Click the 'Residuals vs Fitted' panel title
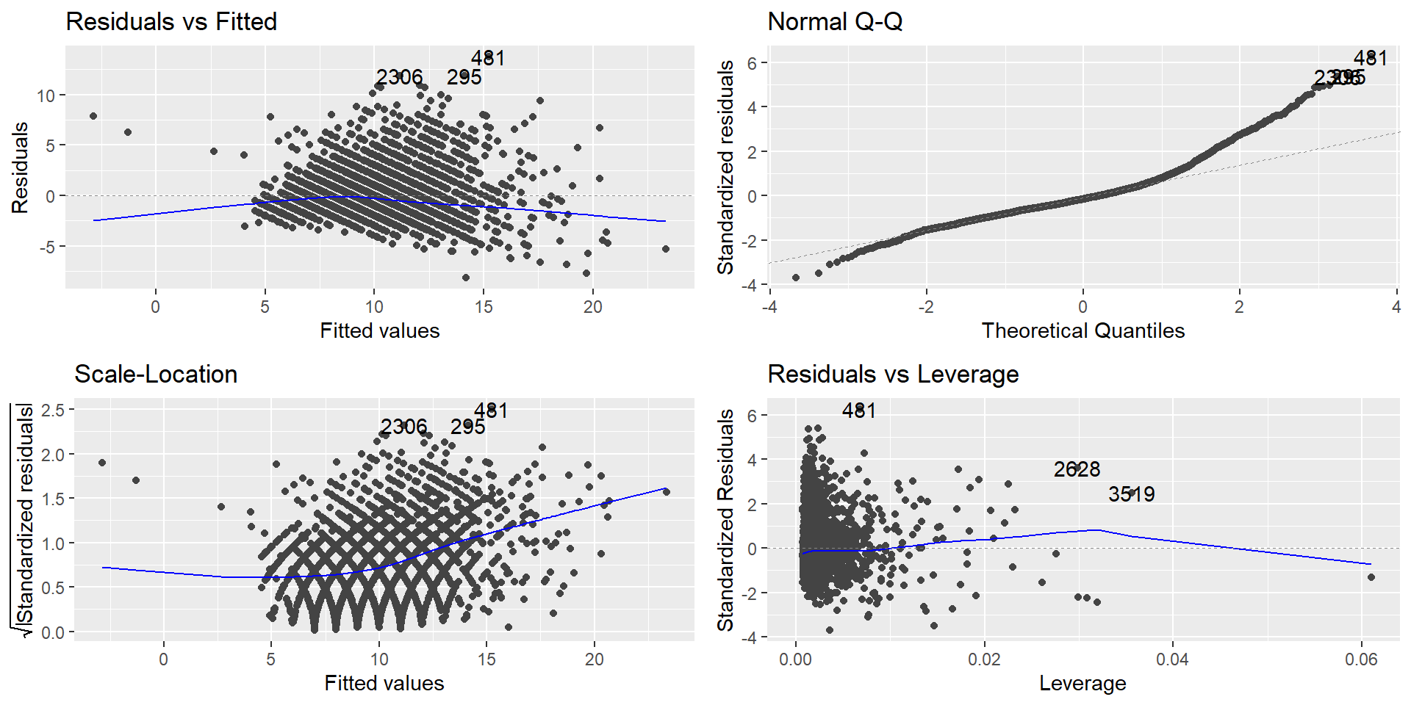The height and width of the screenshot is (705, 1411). point(171,21)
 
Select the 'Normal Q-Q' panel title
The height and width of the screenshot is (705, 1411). point(835,21)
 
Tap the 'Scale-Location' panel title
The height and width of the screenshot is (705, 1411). point(156,374)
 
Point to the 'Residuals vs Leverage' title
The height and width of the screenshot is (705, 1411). point(893,374)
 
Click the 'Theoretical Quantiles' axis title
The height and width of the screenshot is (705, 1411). point(1083,330)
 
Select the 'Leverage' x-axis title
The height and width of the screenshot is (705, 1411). point(1082,683)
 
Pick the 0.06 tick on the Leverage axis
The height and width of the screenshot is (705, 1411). point(1361,659)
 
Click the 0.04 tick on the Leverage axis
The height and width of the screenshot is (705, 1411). point(1172,659)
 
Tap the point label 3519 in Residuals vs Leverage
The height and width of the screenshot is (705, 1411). point(1131,494)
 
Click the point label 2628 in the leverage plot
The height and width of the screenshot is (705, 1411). point(1077,469)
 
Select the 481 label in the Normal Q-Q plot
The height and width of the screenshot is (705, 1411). point(1370,58)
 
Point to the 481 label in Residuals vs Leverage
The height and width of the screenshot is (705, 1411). point(858,411)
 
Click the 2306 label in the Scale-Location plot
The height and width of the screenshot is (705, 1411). point(403,427)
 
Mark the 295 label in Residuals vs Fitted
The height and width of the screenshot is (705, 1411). point(464,77)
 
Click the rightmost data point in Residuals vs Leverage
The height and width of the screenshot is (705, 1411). point(1371,577)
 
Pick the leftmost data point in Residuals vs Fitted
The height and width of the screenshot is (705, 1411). point(93,116)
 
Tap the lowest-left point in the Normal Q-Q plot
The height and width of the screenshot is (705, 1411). point(795,278)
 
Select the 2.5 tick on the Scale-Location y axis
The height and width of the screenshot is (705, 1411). point(52,410)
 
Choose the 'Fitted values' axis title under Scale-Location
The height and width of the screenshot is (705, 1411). point(384,683)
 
